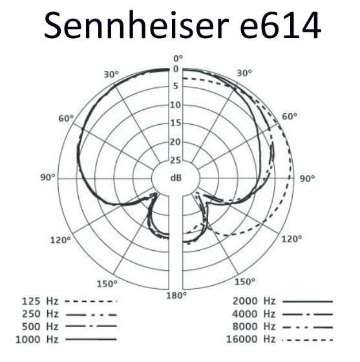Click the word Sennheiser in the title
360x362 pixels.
pos(136,25)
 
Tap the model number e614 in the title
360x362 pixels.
pos(281,25)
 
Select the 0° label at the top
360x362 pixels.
pos(178,59)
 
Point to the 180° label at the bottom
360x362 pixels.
pos(176,295)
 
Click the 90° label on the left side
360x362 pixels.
pos(48,178)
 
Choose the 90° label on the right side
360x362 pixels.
pos(307,178)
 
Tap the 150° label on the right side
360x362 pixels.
pos(245,282)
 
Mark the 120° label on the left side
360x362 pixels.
pos(61,240)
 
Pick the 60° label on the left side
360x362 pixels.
pos(66,118)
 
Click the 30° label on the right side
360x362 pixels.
pos(244,73)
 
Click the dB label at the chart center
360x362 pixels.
pos(176,178)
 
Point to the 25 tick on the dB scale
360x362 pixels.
pos(175,160)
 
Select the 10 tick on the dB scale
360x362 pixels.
pos(175,105)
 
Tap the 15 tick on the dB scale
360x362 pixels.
pos(175,123)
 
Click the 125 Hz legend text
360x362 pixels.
pos(40,301)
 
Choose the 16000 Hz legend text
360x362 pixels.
pos(251,339)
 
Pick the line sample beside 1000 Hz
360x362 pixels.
pos(91,339)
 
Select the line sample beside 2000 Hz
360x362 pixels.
pos(308,301)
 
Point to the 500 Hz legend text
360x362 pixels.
pos(40,326)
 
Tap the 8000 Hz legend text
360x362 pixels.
pos(254,326)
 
